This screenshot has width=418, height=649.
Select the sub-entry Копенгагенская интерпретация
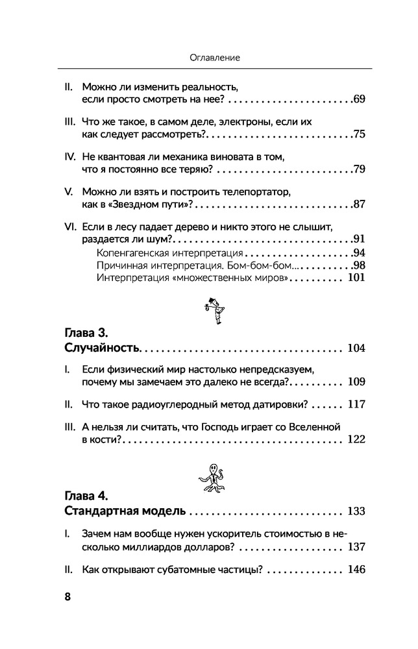169,252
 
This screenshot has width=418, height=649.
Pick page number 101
356,278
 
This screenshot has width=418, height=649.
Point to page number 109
356,382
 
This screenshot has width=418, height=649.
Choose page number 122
356,440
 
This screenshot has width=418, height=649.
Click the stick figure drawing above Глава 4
214,478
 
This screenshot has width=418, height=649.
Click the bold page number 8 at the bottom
68,598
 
